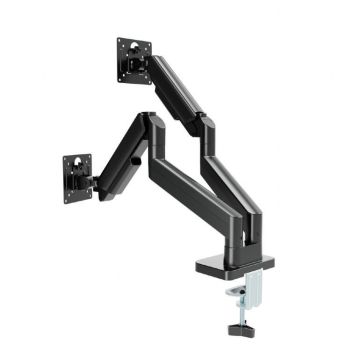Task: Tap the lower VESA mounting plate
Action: [77, 178]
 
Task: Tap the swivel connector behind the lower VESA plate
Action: [95, 182]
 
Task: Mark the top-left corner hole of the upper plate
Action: [120, 43]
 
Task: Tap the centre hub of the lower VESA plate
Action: [77, 179]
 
